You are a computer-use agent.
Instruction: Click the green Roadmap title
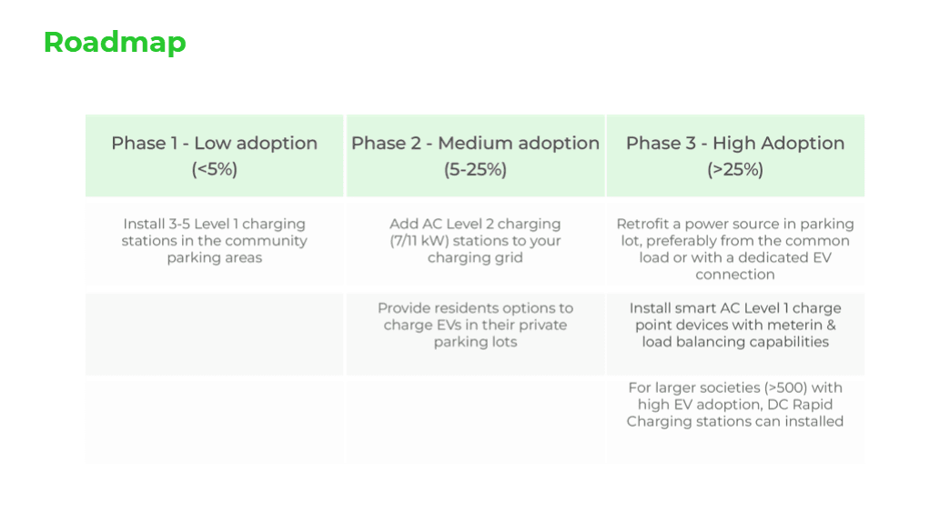click(x=115, y=43)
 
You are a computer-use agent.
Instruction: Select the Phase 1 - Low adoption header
click(x=214, y=143)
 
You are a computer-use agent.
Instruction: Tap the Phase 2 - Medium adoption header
click(x=475, y=143)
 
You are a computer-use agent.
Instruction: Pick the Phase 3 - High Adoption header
click(x=735, y=143)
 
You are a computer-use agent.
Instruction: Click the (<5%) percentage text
click(x=214, y=169)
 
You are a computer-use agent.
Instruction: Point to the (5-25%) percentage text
click(x=475, y=169)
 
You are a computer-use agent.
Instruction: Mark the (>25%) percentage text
click(x=735, y=169)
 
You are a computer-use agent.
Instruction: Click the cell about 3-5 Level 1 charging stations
click(x=214, y=240)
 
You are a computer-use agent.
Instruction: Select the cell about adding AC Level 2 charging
click(x=475, y=240)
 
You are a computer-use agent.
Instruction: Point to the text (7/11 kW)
click(x=419, y=240)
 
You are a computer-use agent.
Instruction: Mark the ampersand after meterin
click(x=831, y=325)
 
